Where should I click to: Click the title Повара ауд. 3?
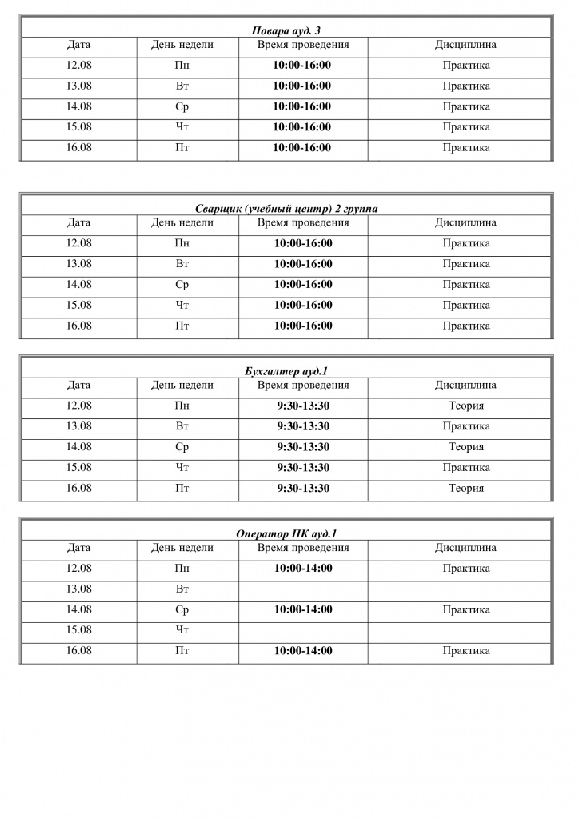pyautogui.click(x=286, y=31)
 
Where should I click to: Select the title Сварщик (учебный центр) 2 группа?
pyautogui.click(x=286, y=209)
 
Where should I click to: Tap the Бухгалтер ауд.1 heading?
pyautogui.click(x=286, y=372)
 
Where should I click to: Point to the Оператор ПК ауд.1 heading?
pyautogui.click(x=286, y=534)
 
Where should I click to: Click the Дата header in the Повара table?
pyautogui.click(x=78, y=45)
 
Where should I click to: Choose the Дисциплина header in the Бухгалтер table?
pyautogui.click(x=465, y=386)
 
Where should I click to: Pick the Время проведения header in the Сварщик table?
pyautogui.click(x=303, y=222)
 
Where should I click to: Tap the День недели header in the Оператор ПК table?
pyautogui.click(x=182, y=548)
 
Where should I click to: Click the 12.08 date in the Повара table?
pyautogui.click(x=78, y=66)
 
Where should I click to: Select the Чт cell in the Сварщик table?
pyautogui.click(x=182, y=306)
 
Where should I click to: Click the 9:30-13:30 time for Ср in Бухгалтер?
pyautogui.click(x=303, y=447)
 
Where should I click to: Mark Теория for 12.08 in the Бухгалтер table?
pyautogui.click(x=465, y=406)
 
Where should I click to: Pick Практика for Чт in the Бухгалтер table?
pyautogui.click(x=465, y=468)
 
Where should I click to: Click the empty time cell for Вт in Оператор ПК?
pyautogui.click(x=303, y=589)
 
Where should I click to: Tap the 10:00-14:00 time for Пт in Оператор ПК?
pyautogui.click(x=303, y=651)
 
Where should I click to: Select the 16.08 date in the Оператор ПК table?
pyautogui.click(x=78, y=651)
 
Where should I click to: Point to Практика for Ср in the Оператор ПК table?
pyautogui.click(x=465, y=609)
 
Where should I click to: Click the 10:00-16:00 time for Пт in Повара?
pyautogui.click(x=303, y=148)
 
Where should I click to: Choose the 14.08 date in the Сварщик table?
pyautogui.click(x=78, y=285)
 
